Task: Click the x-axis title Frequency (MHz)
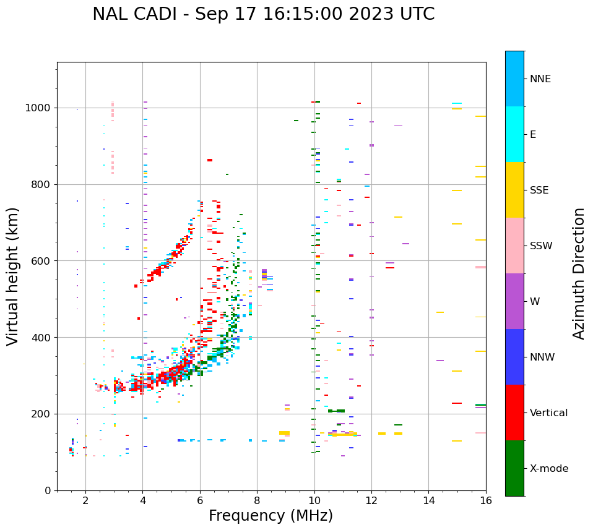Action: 271,516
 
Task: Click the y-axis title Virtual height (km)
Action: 14,276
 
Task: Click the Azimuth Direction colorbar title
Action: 579,273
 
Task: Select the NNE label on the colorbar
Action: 540,79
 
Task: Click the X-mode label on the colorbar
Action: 549,469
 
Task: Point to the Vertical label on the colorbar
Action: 549,413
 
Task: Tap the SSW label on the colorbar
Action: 541,246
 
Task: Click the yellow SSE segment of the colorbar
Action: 514,190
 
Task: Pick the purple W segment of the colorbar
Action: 514,301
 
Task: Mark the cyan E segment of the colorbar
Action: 514,134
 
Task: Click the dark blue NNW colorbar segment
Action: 514,357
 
